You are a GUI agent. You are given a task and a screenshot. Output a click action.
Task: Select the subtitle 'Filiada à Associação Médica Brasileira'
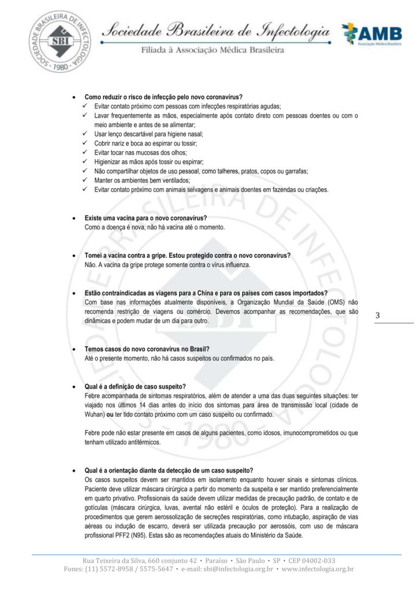212,51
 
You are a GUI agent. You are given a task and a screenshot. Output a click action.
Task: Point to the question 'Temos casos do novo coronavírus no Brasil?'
147,350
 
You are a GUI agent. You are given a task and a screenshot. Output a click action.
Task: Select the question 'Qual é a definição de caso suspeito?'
135,386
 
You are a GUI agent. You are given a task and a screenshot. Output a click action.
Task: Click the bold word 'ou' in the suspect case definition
111,414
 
